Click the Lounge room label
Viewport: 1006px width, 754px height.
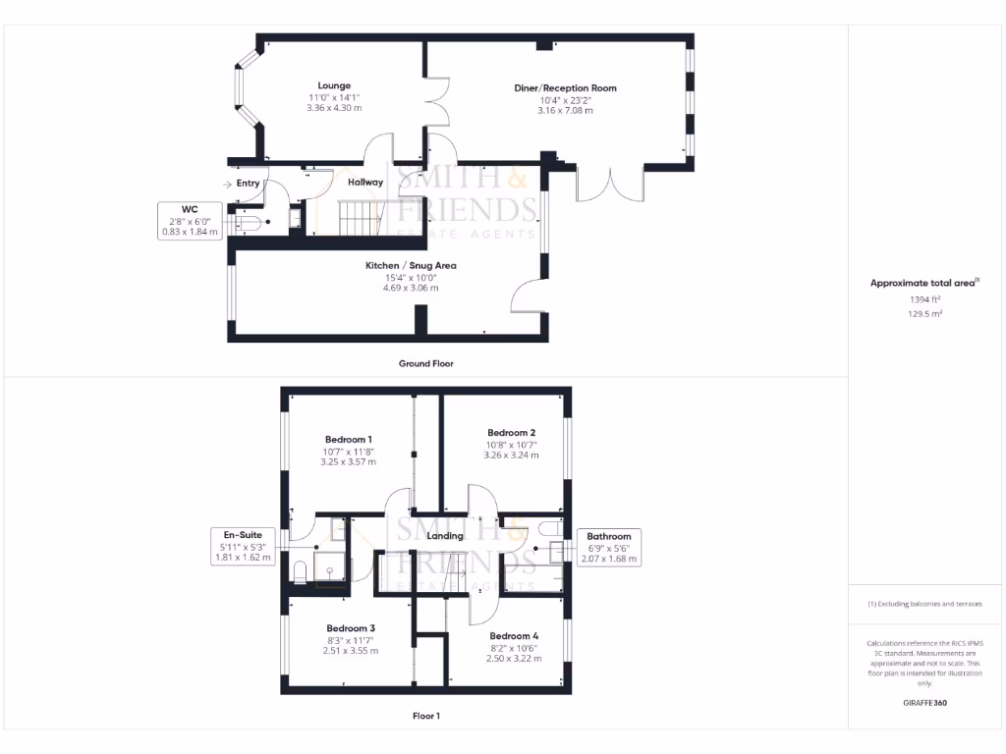tap(334, 85)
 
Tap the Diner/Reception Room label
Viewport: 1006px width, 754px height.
tap(565, 88)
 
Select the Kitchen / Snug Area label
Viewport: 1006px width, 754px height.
tap(411, 266)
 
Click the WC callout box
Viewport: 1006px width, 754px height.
tap(190, 220)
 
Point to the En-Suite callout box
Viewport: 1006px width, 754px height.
tap(243, 546)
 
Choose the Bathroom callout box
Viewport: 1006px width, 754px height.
tap(609, 548)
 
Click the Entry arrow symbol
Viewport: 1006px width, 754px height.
tap(228, 184)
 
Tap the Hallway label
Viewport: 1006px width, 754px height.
tap(364, 182)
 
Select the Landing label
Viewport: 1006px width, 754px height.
tap(445, 535)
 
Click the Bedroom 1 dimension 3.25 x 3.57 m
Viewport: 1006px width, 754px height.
tap(348, 461)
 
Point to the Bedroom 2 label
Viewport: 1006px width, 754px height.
tap(511, 433)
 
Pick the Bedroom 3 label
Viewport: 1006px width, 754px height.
tap(351, 628)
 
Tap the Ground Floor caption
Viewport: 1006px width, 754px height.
tap(425, 363)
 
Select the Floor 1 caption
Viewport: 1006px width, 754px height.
tap(425, 716)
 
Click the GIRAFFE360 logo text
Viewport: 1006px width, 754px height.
tap(925, 704)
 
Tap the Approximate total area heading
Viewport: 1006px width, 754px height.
tap(924, 283)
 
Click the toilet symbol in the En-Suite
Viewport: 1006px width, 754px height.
tap(301, 571)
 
